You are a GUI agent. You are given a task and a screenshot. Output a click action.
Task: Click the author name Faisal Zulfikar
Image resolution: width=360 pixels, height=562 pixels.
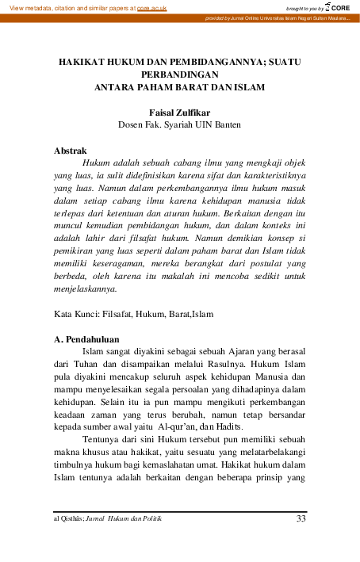(x=178, y=113)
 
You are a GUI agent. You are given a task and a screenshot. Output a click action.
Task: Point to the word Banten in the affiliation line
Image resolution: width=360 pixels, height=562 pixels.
(x=224, y=124)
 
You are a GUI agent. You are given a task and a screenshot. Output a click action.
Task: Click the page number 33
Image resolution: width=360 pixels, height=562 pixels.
(x=300, y=519)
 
